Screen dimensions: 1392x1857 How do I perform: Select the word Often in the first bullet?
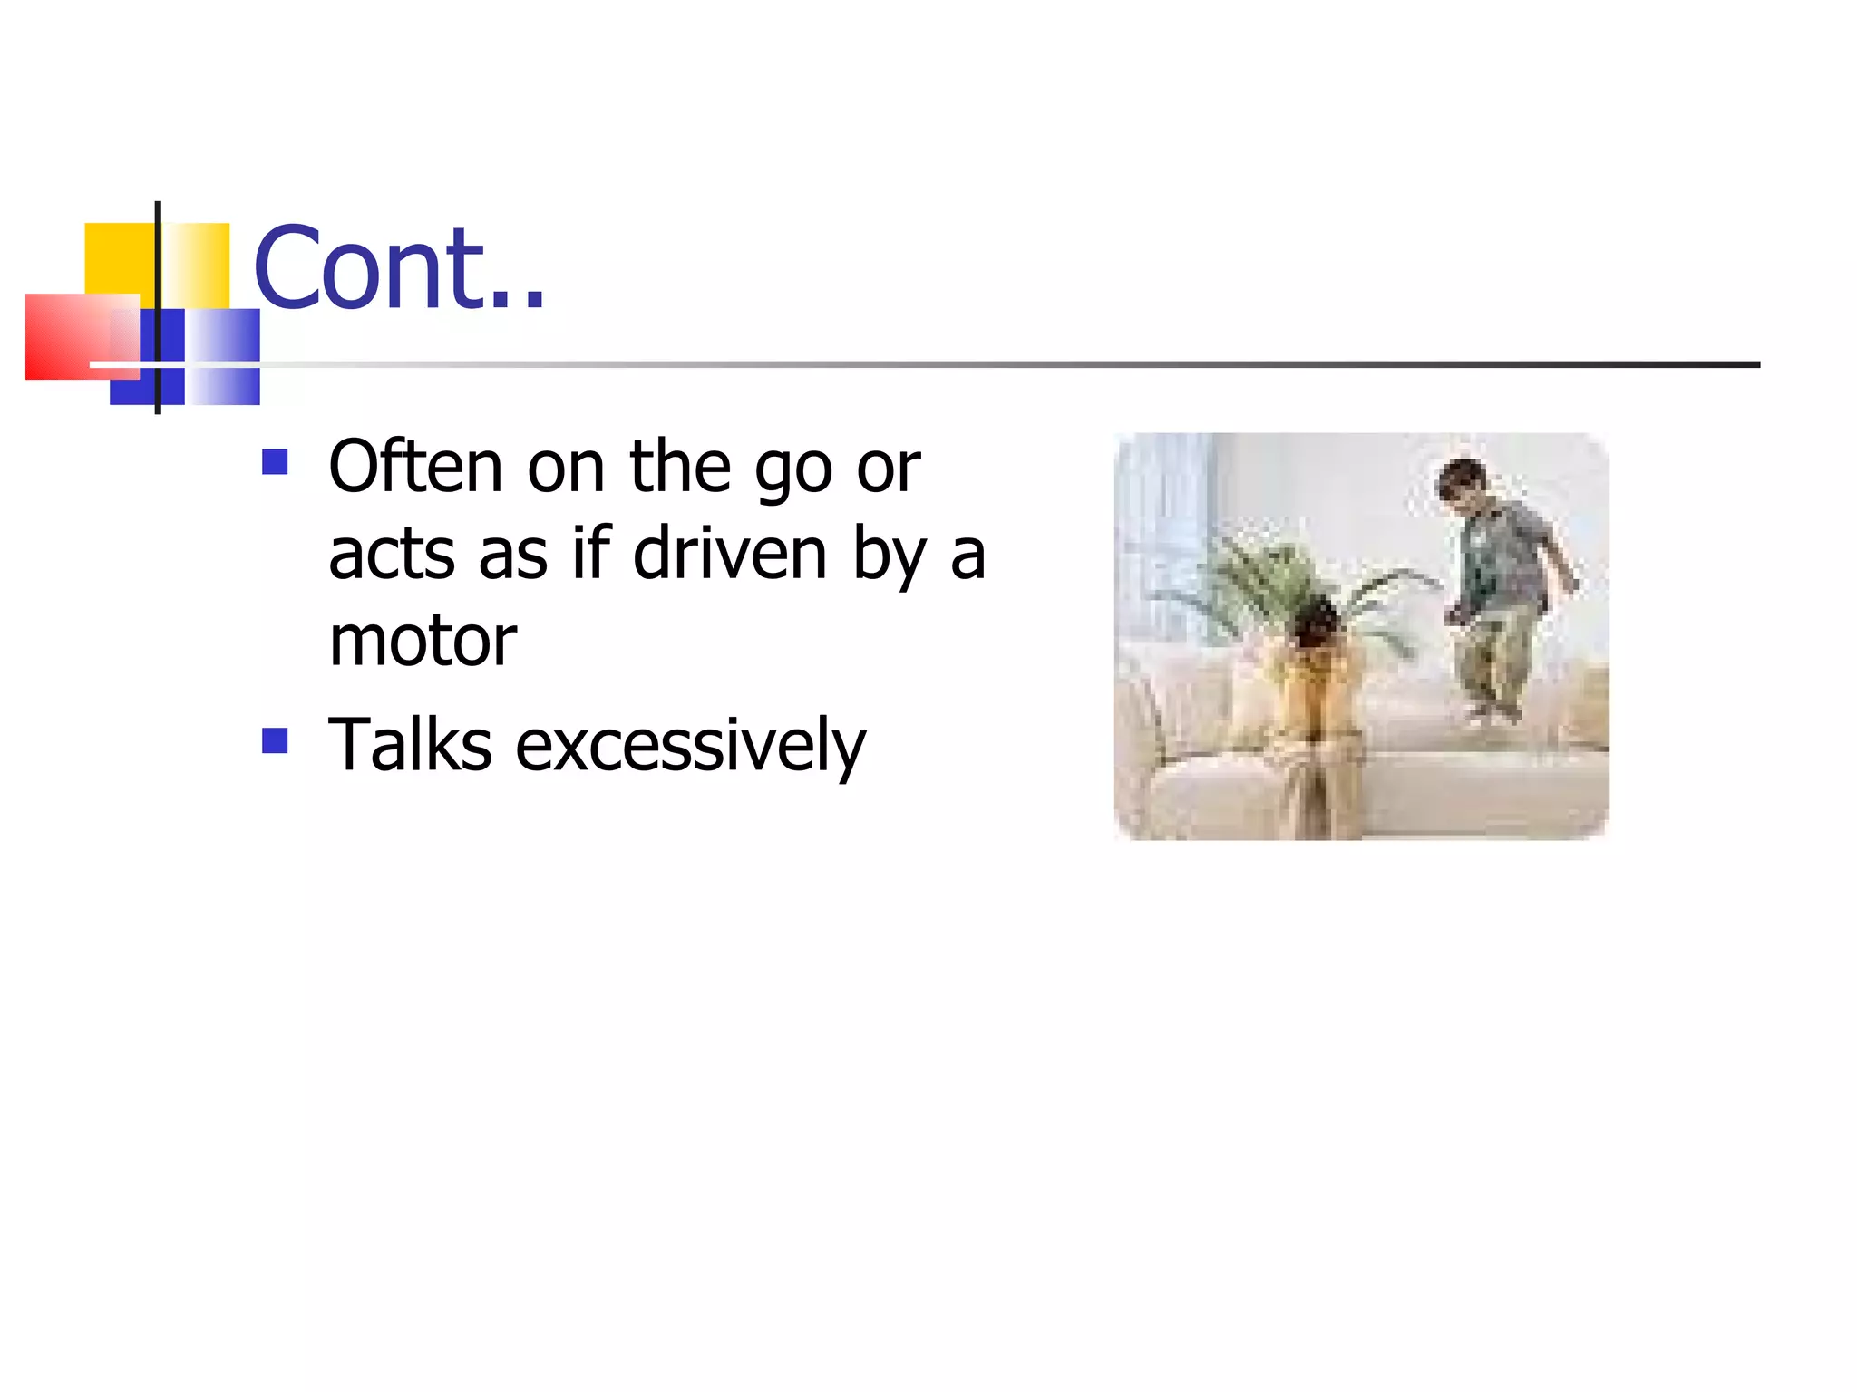pyautogui.click(x=415, y=468)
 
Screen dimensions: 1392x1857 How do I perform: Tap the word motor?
pyautogui.click(x=423, y=642)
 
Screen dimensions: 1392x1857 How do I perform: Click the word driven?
pyautogui.click(x=730, y=554)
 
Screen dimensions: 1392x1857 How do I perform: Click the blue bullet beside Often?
pyautogui.click(x=275, y=462)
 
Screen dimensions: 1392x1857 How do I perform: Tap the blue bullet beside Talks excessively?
pyautogui.click(x=275, y=740)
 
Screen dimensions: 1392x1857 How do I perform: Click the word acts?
pyautogui.click(x=392, y=555)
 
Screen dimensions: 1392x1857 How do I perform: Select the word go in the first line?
pyautogui.click(x=793, y=469)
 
